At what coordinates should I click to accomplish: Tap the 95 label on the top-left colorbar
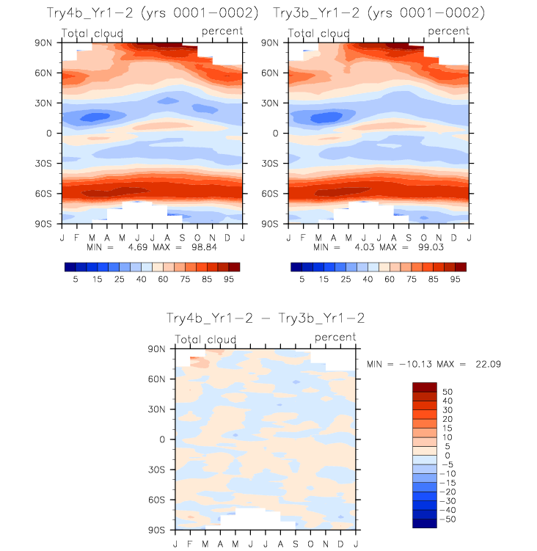point(229,280)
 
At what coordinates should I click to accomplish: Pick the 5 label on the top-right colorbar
point(302,280)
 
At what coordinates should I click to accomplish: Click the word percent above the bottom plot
point(335,337)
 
